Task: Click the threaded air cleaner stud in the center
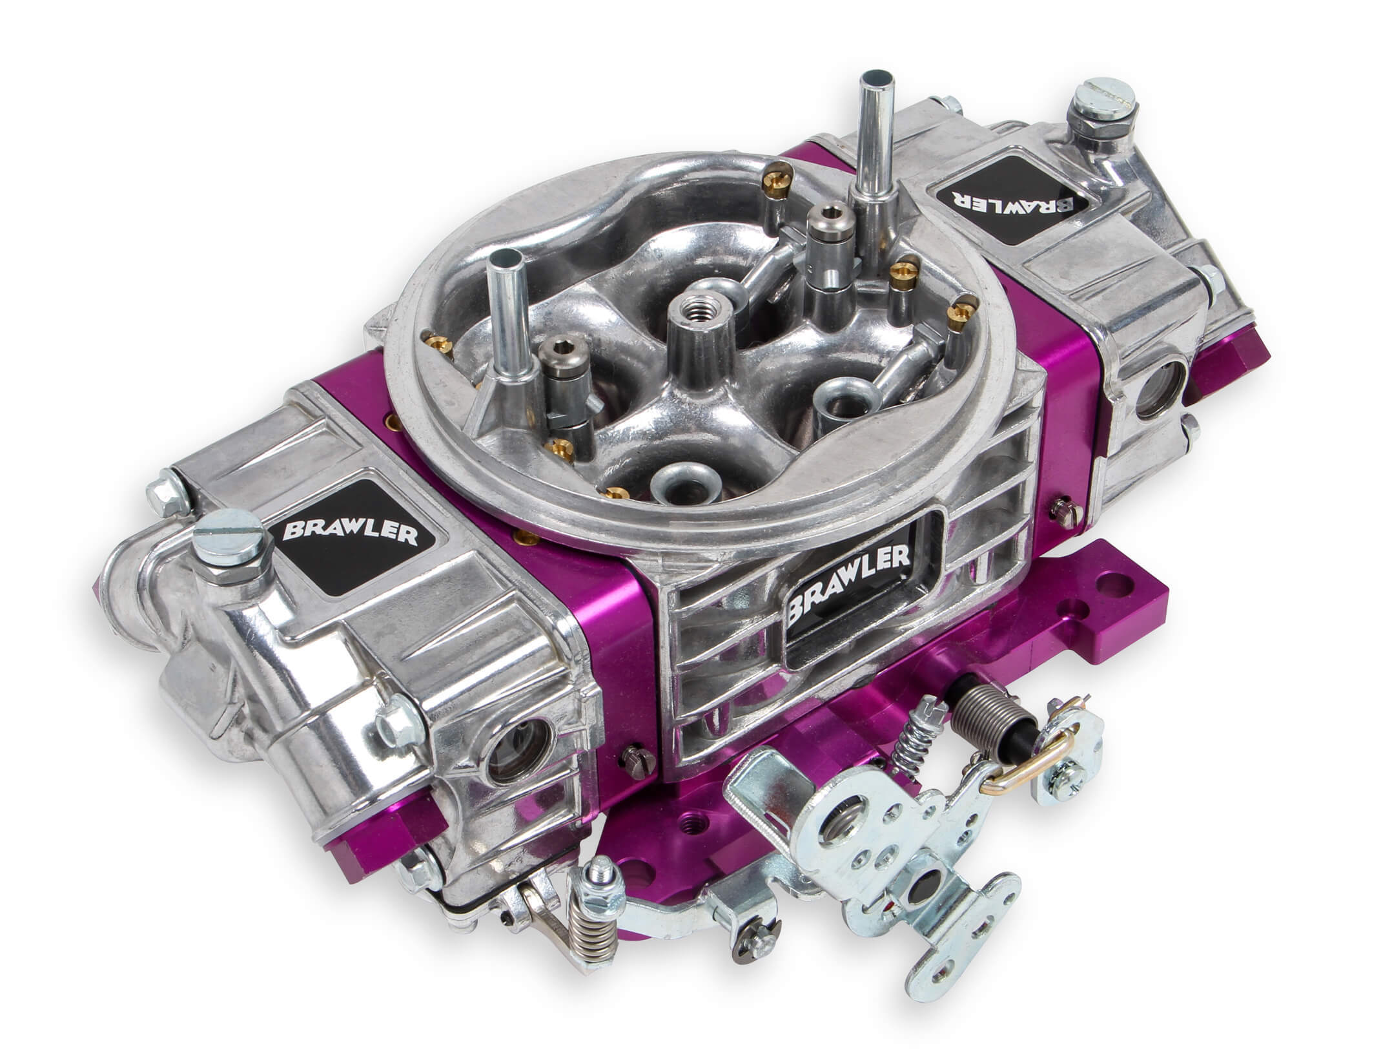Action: coord(695,321)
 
